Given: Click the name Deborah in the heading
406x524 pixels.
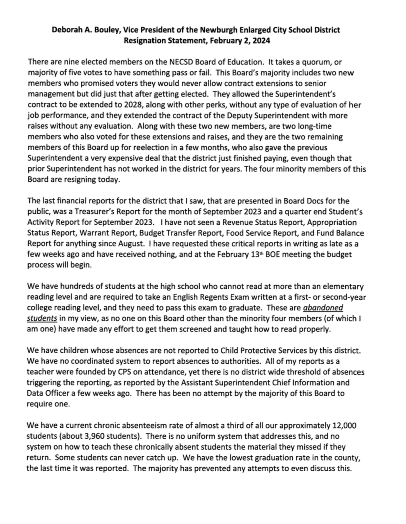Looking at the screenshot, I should (66, 30).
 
